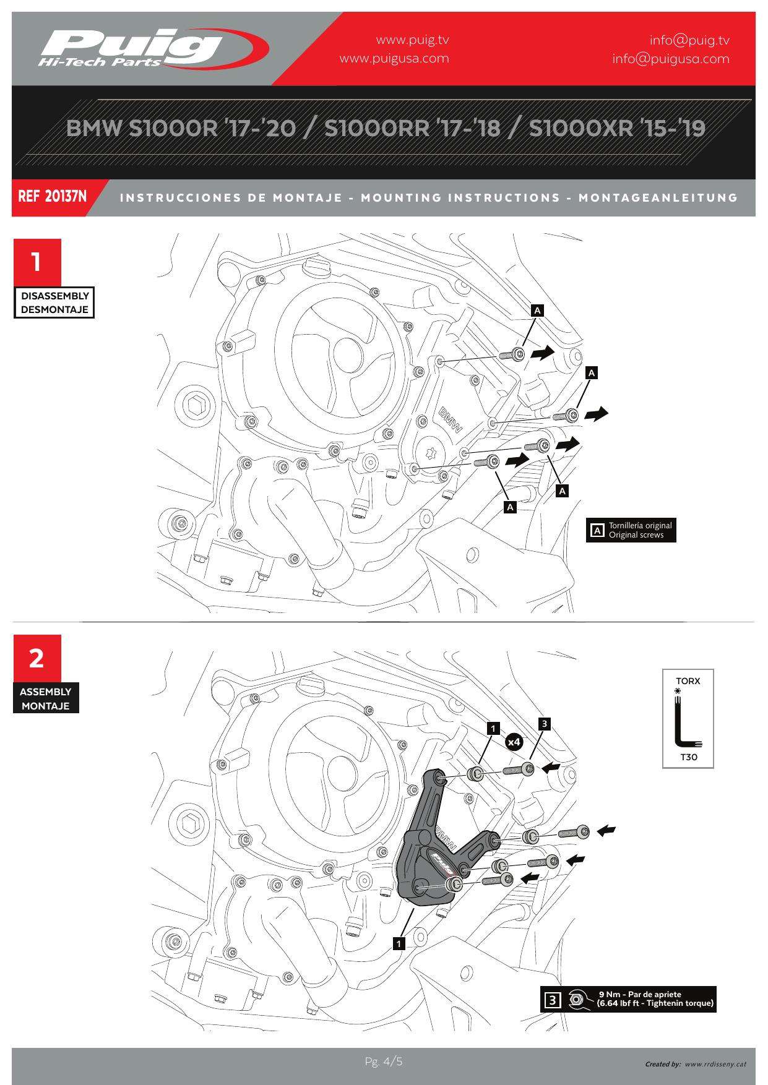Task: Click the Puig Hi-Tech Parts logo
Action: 152,48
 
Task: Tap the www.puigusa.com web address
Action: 394,59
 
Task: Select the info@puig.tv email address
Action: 689,40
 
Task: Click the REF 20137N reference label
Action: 53,197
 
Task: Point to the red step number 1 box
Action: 37,262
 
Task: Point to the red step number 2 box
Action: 37,658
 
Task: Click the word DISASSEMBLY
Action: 54,296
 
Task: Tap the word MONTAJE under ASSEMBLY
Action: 46,706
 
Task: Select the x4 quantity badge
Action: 514,741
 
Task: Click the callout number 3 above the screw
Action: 544,723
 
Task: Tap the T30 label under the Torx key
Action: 688,757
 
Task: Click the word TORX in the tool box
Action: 688,681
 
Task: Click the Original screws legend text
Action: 636,535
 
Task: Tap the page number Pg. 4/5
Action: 384,1061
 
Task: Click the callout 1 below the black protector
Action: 399,943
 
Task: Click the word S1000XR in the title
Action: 582,128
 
